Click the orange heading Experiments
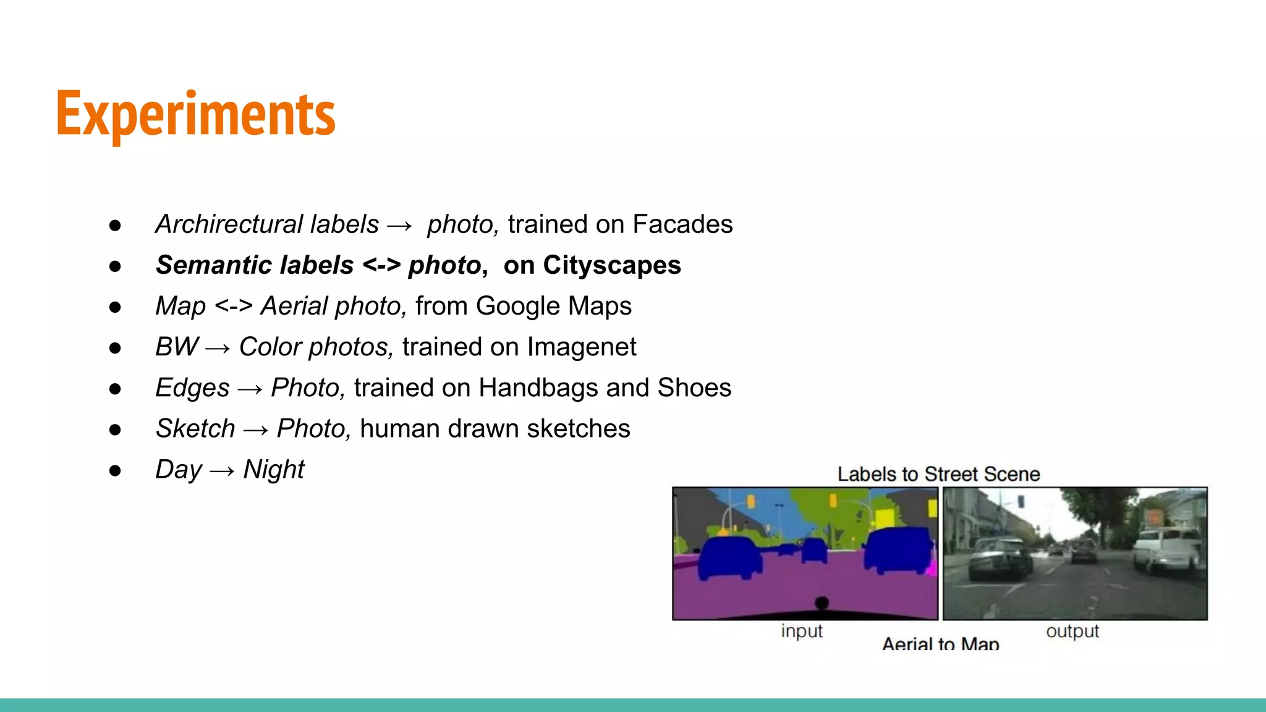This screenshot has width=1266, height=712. point(195,114)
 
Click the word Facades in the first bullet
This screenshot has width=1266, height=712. point(682,224)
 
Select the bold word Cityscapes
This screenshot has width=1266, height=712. point(612,265)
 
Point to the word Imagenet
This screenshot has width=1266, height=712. point(581,347)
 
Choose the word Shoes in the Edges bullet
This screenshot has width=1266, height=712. point(694,388)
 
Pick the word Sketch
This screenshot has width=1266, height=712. point(195,428)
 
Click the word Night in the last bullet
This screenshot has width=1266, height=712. point(274,469)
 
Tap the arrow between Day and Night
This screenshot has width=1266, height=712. point(223,471)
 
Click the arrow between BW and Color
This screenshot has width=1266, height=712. point(218,349)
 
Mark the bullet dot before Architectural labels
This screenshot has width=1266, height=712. point(115,226)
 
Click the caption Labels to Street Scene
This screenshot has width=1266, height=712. point(938,474)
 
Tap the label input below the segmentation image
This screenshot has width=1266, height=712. point(802,631)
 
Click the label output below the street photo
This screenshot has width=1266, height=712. point(1073,631)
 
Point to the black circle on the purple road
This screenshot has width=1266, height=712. point(822,603)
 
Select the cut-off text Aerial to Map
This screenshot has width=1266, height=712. point(940,644)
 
